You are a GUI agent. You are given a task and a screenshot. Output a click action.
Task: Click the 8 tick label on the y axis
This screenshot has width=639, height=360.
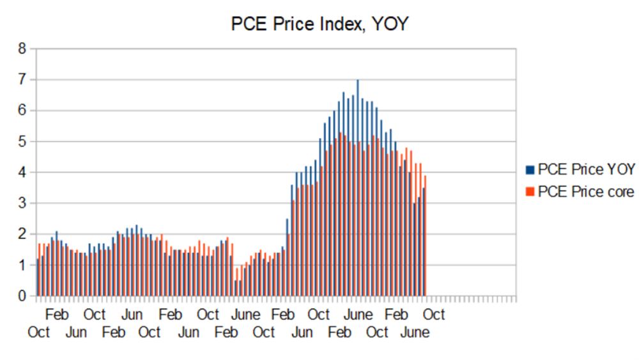click(x=22, y=49)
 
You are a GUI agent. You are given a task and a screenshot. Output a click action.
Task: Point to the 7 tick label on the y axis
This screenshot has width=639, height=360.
click(x=22, y=80)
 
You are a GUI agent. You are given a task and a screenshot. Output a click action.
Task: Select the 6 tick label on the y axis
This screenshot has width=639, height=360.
click(x=22, y=111)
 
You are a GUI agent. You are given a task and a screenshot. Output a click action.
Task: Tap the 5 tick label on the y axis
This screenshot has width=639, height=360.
click(x=22, y=141)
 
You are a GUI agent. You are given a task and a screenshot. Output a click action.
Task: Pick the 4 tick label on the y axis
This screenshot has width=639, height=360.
click(x=22, y=173)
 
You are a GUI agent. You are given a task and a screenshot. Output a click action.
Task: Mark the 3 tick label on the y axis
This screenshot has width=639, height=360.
click(x=22, y=203)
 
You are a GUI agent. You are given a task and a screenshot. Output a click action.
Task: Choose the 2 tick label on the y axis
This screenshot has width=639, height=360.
click(x=22, y=234)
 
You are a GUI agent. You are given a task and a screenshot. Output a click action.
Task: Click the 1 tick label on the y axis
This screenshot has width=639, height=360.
click(x=22, y=265)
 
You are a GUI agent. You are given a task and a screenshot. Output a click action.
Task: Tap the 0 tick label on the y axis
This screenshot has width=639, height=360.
click(x=22, y=296)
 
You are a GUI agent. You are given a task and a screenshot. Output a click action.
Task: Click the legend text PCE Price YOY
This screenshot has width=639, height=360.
click(x=586, y=169)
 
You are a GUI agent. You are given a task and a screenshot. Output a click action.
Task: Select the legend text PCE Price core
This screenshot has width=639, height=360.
click(x=586, y=191)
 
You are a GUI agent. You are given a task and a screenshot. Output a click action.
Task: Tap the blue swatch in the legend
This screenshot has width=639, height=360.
click(x=529, y=169)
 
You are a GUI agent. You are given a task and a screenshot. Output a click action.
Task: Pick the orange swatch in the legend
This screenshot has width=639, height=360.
click(x=529, y=191)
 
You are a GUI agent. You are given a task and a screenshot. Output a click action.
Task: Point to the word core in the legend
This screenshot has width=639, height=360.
click(x=620, y=191)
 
